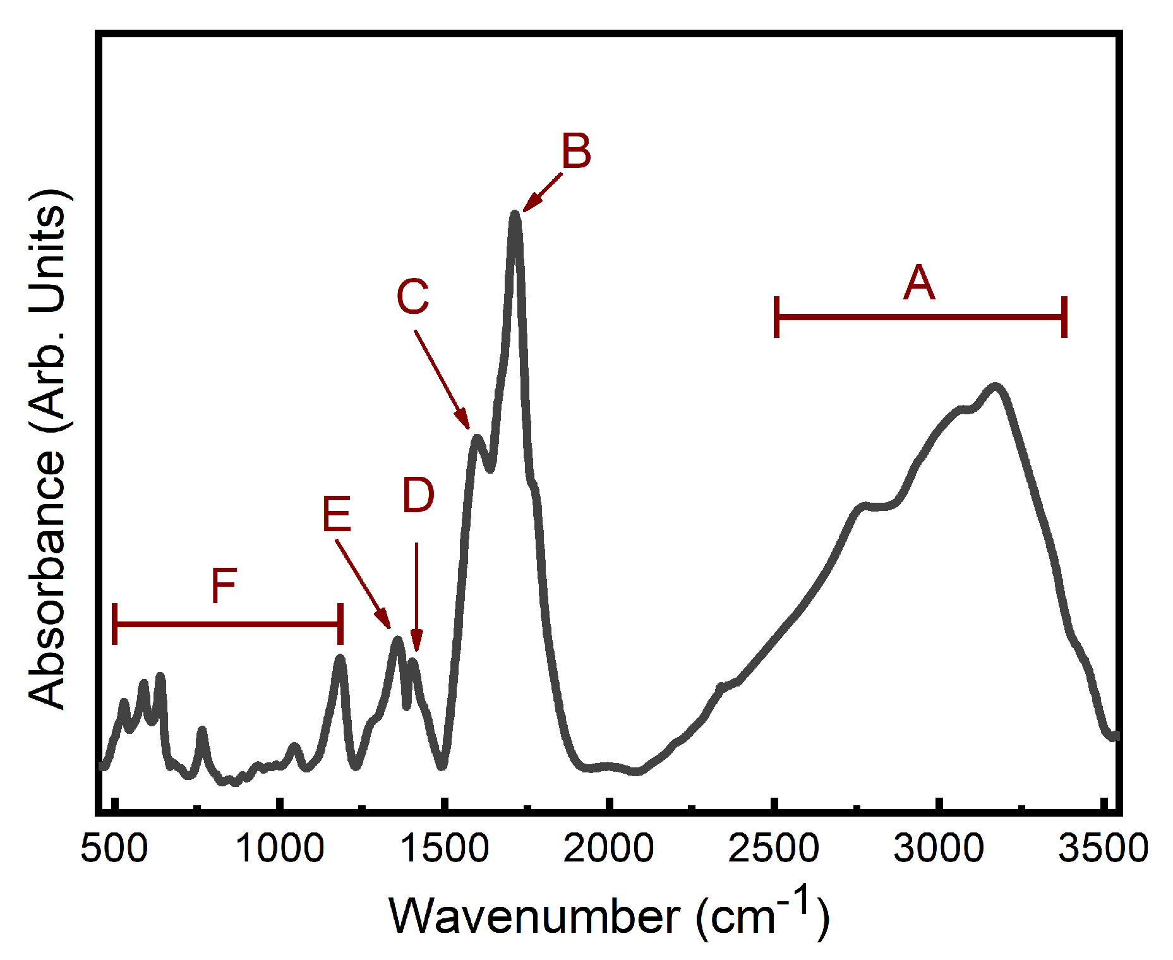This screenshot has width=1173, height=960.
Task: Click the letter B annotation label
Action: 576,152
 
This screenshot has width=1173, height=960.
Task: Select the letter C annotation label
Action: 412,296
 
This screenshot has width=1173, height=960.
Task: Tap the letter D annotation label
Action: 418,495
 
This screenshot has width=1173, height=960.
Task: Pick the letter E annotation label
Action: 336,514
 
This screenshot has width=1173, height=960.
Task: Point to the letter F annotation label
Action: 224,585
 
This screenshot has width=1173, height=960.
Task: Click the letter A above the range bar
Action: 918,282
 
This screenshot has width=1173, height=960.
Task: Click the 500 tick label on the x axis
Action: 114,848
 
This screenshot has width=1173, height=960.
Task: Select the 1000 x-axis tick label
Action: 280,848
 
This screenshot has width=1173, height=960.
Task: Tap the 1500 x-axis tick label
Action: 445,848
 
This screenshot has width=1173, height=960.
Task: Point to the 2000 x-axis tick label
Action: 608,848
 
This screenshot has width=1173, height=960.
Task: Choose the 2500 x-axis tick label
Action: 774,848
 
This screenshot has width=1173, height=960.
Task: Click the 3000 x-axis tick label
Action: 939,848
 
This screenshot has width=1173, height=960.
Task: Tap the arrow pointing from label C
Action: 442,380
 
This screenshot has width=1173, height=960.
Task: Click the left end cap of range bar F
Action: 114,624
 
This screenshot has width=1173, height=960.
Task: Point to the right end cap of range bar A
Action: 1064,316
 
